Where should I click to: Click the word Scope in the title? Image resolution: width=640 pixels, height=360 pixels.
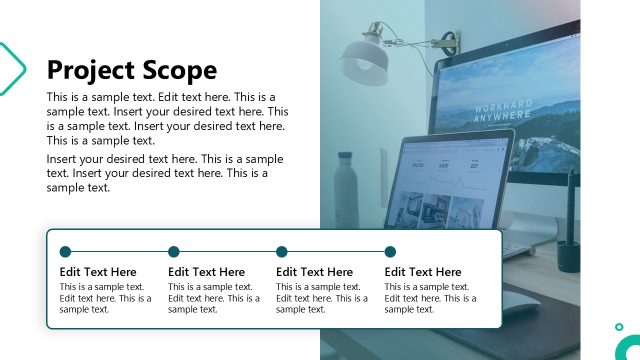coord(179,70)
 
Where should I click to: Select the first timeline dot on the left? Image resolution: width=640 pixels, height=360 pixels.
coord(65,252)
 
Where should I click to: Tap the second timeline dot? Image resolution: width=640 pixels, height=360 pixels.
coord(174,252)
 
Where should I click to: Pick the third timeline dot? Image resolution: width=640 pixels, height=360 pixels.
coord(282,252)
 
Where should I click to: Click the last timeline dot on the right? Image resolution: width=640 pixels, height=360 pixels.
coord(390,252)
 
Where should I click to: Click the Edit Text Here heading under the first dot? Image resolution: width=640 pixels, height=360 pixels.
coord(98,272)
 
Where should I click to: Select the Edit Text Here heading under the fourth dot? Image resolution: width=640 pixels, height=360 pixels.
coord(423,272)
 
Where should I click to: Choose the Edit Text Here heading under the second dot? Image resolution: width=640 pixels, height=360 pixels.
coord(206,272)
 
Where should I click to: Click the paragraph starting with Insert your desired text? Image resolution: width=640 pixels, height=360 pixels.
coord(165,173)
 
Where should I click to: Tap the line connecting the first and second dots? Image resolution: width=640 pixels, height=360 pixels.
coord(119,252)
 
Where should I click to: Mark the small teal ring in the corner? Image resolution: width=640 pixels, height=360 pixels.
coord(620,327)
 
